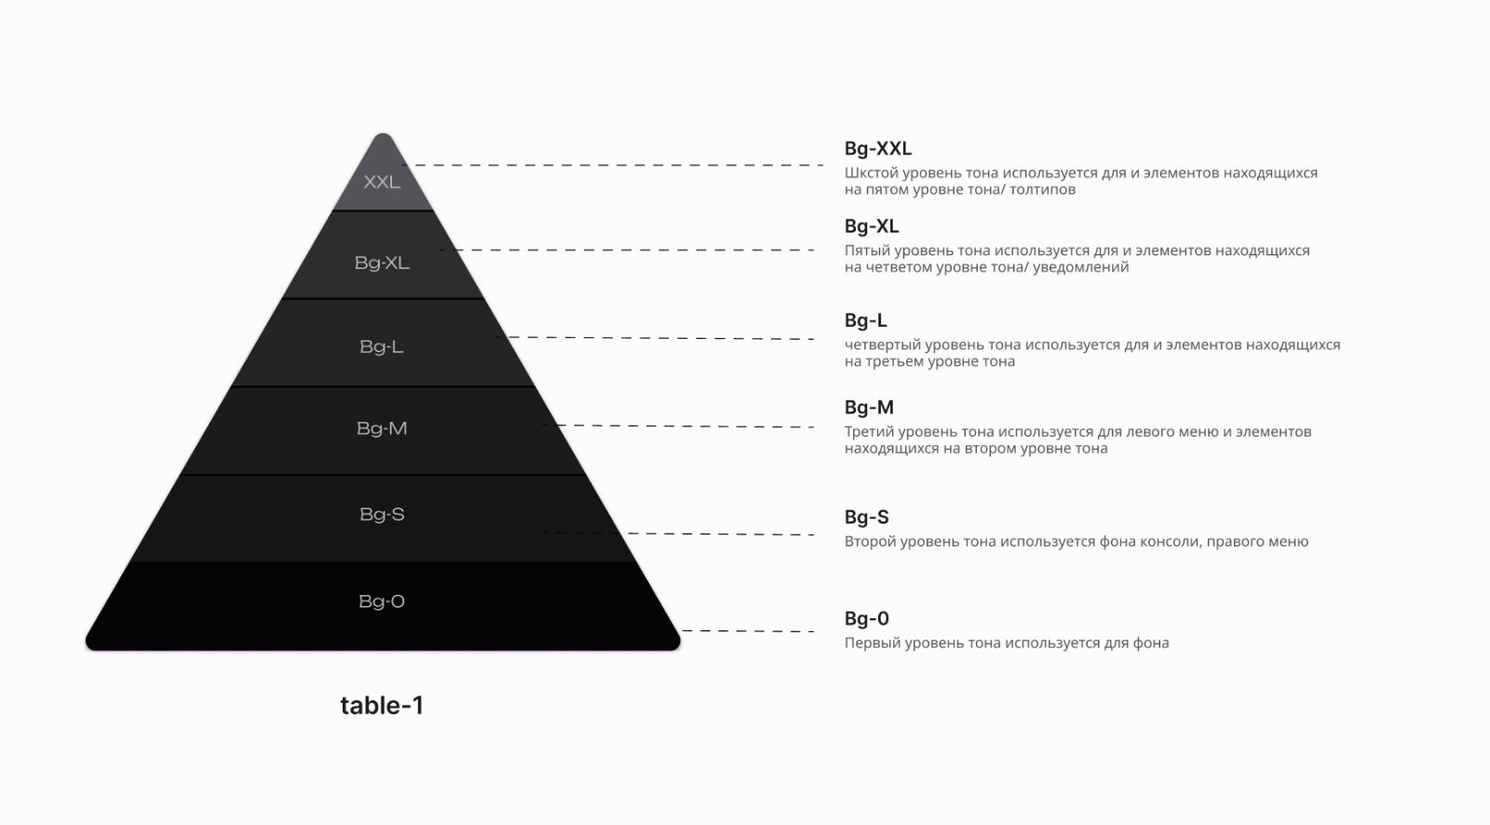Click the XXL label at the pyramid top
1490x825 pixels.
pos(382,182)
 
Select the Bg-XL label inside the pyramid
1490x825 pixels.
pos(382,263)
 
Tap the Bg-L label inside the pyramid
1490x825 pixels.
pos(382,346)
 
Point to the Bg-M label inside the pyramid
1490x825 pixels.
pos(382,428)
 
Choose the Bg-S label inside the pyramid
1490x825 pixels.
pos(382,514)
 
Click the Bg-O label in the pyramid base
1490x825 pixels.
pos(382,602)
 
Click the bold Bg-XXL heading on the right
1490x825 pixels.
pos(878,148)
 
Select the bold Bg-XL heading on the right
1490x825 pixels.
pos(872,226)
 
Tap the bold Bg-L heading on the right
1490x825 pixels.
pos(865,320)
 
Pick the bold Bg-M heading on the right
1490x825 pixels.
pos(869,407)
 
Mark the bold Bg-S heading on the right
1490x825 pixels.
pos(867,517)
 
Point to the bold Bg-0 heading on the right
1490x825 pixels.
pos(867,618)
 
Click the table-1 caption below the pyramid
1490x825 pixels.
pos(382,705)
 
